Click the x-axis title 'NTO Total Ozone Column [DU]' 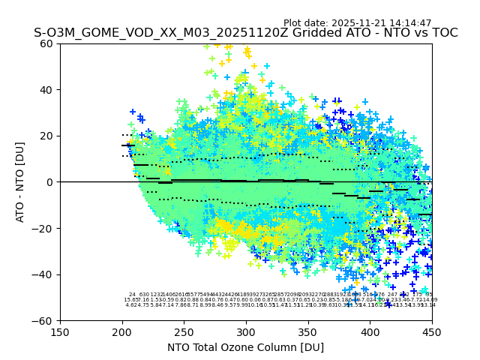tap(245, 347)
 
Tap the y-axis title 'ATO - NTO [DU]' tap(20, 182)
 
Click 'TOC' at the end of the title tap(443, 33)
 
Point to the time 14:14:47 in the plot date tap(410, 23)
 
